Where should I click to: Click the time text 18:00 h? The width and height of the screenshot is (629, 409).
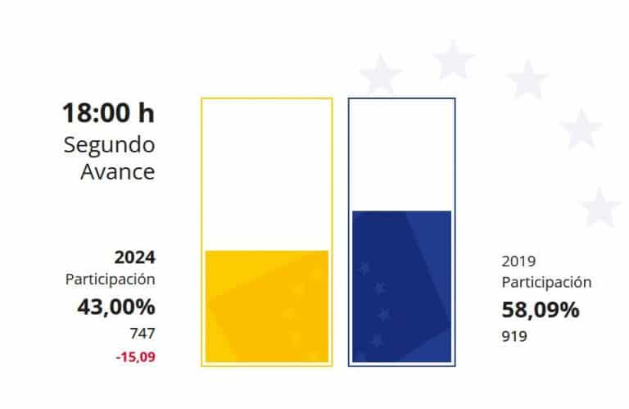(x=109, y=113)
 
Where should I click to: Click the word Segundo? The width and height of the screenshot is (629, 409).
(x=109, y=146)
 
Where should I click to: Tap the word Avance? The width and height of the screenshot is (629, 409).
(x=118, y=173)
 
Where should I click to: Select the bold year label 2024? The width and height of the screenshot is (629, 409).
(x=134, y=257)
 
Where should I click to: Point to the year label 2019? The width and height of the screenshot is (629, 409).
(x=518, y=262)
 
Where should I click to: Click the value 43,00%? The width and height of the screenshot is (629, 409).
(x=115, y=307)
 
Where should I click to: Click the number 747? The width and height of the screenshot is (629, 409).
(x=143, y=333)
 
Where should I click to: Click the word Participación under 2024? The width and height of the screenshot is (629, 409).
(x=111, y=279)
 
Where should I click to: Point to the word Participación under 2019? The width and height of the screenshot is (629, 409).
(x=546, y=283)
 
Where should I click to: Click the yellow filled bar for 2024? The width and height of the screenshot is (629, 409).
(x=266, y=306)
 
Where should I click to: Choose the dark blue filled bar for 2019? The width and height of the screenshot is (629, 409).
(x=401, y=286)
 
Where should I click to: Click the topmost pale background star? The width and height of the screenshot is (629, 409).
(x=453, y=60)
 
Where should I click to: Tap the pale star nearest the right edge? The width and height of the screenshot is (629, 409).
(x=601, y=207)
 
